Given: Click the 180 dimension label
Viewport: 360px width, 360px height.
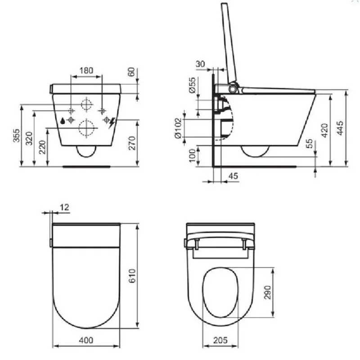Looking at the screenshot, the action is pos(86,71).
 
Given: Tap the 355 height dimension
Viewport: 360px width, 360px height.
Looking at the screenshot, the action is pos(16,135).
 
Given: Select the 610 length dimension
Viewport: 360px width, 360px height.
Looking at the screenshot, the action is pos(132,276).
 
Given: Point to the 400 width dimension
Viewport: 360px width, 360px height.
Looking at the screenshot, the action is pos(86,340).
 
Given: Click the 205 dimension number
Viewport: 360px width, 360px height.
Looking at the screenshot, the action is pos(220,340).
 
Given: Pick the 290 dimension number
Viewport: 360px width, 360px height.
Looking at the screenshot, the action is pos(268,292).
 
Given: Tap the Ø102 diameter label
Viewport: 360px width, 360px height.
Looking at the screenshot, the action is pos(178,128).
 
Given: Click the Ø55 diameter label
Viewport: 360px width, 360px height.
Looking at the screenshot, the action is pos(193,85).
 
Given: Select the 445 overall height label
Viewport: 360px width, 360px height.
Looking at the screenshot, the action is pos(340,128).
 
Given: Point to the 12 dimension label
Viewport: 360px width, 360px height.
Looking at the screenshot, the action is pos(64,207).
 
